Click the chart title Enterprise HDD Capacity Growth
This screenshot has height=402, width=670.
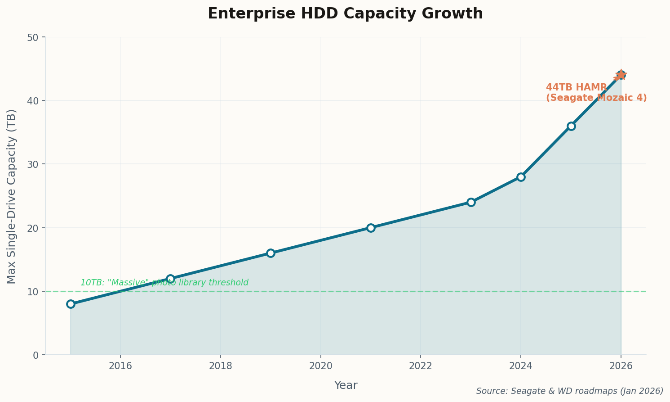click(x=345, y=14)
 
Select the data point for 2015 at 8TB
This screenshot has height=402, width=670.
click(x=71, y=304)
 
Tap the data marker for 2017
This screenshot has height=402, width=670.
click(x=170, y=279)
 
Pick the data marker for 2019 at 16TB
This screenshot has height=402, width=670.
click(x=271, y=253)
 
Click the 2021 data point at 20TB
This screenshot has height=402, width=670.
click(x=371, y=228)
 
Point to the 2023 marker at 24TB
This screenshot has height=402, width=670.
click(x=471, y=202)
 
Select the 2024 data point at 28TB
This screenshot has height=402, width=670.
click(x=521, y=177)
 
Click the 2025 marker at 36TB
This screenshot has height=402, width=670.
click(x=571, y=126)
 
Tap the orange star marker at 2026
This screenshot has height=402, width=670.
click(x=621, y=75)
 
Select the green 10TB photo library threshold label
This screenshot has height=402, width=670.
click(x=164, y=283)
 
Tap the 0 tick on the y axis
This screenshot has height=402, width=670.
click(x=36, y=355)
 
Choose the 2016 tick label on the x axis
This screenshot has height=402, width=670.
click(x=120, y=366)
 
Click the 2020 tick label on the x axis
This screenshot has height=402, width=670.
click(x=320, y=366)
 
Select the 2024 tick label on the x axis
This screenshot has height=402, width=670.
click(x=521, y=366)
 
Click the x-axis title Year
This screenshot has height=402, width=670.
click(x=346, y=385)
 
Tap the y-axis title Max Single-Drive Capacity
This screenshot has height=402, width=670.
click(x=12, y=196)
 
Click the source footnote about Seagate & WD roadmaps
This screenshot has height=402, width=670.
click(x=569, y=391)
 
